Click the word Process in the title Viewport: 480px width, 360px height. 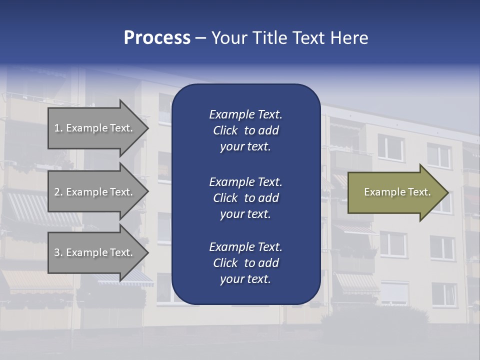point(157,38)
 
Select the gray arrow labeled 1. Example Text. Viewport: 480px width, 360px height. point(95,128)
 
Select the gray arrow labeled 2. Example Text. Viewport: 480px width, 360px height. point(95,192)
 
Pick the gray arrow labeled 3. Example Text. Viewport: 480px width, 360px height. point(95,252)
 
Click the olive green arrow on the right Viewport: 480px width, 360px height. point(395,192)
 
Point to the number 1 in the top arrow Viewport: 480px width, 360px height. point(57,128)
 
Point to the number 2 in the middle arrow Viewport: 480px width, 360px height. point(57,192)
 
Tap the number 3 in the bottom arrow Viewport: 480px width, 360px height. point(57,252)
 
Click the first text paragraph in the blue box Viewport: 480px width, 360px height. point(245,130)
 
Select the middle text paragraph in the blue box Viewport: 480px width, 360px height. point(245,198)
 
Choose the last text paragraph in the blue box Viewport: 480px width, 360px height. point(245,263)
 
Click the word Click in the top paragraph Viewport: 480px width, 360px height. point(225,130)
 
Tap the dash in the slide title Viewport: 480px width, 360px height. point(200,38)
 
